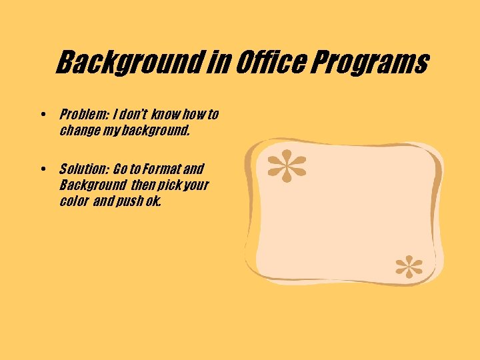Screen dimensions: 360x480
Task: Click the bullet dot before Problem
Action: pos(43,115)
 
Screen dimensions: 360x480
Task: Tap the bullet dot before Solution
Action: pos(43,169)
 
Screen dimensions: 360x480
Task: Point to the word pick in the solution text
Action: pos(167,185)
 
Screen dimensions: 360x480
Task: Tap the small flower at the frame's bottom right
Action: pos(409,267)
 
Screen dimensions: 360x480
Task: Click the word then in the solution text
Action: pos(141,185)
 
